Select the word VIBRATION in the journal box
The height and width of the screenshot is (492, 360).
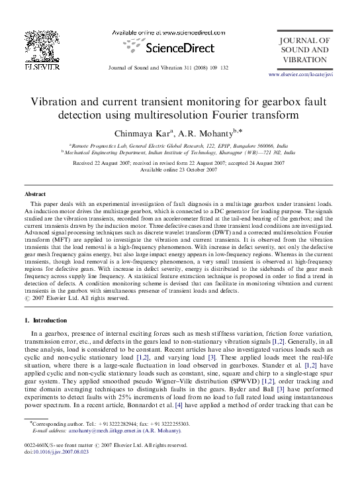304,60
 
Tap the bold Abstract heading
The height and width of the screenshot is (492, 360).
35,194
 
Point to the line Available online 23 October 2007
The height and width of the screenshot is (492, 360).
179,170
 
